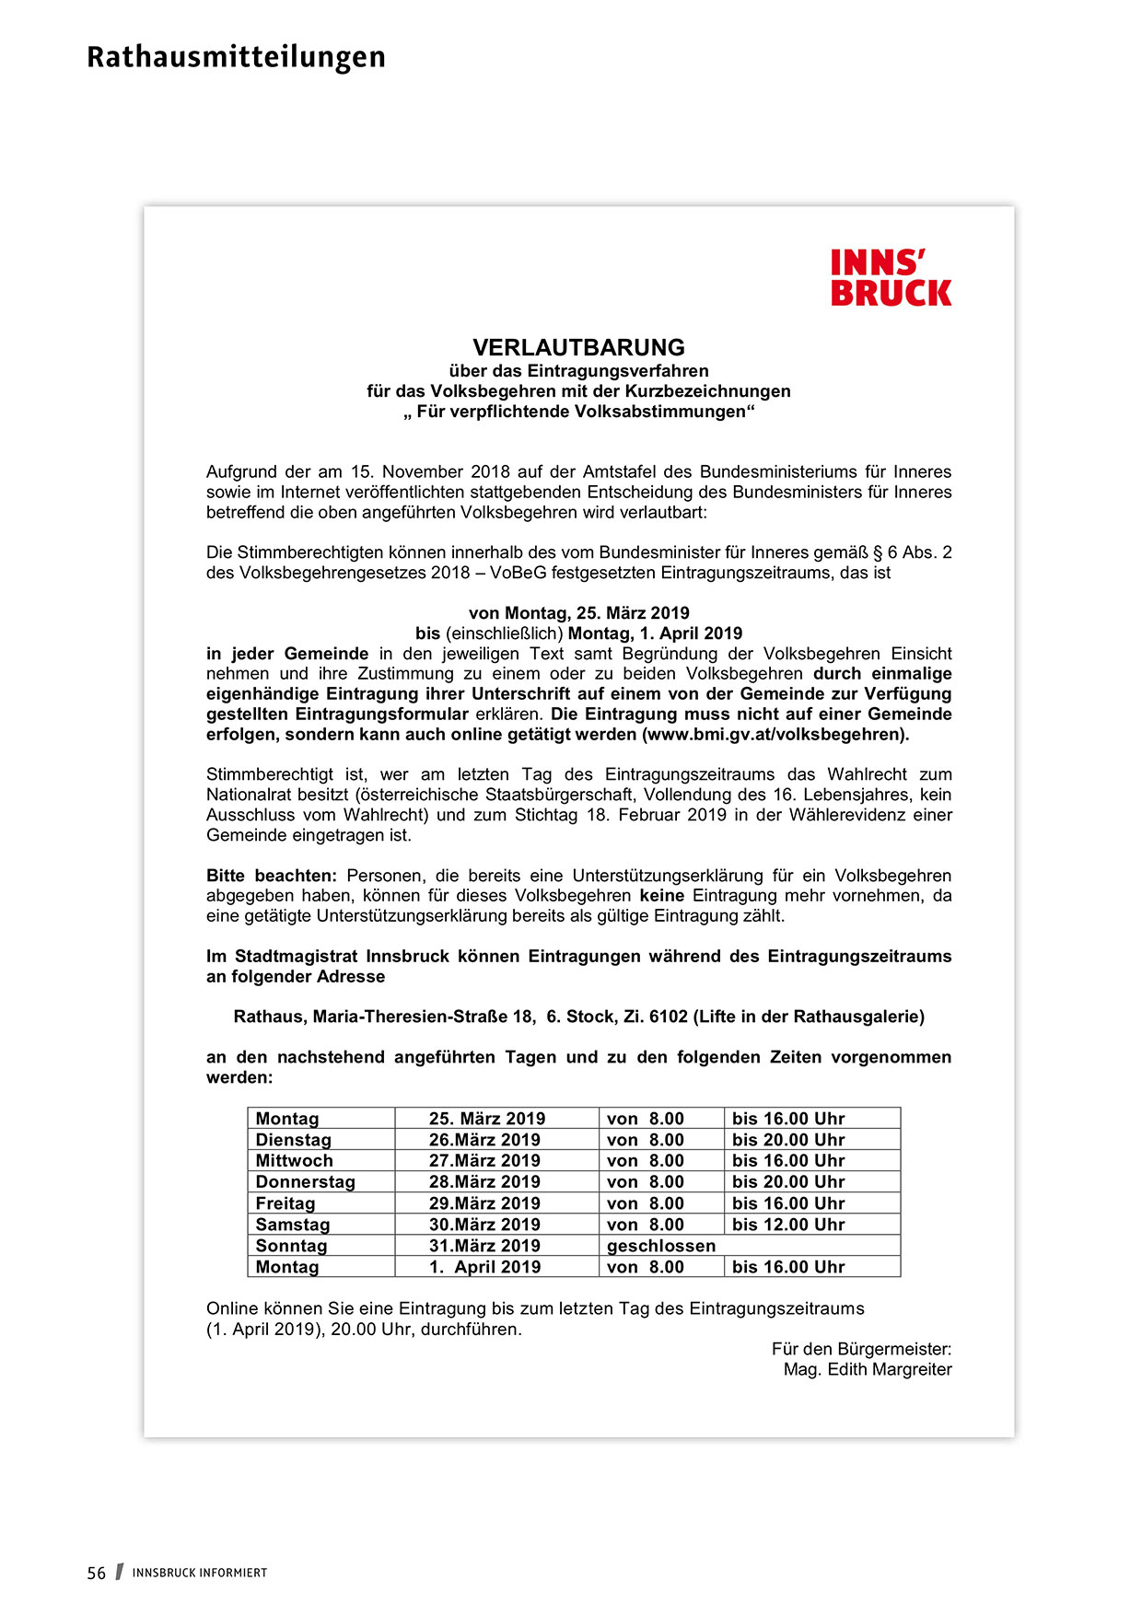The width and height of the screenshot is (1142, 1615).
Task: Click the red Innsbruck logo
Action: click(890, 278)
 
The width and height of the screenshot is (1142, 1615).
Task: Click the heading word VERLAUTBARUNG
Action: click(578, 348)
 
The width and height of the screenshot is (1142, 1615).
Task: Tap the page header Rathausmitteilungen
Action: click(236, 57)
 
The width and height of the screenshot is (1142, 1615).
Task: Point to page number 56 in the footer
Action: click(97, 1574)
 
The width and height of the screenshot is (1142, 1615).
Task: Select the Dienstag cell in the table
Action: click(293, 1140)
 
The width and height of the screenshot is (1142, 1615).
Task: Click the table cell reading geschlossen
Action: click(660, 1246)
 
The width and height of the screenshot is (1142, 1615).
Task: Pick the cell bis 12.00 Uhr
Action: click(788, 1225)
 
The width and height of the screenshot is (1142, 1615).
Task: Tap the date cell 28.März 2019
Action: click(484, 1182)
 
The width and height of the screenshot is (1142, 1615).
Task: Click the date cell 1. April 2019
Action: click(484, 1267)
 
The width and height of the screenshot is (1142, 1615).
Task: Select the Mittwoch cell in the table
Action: click(294, 1161)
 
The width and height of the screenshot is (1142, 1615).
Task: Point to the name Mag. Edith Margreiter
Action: click(868, 1370)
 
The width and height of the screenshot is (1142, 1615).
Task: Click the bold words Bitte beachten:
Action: click(272, 876)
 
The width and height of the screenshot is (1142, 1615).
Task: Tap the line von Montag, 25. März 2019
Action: click(578, 613)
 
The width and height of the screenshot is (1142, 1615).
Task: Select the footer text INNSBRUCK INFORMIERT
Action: click(200, 1574)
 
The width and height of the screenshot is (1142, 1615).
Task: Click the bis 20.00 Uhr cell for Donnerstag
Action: click(788, 1182)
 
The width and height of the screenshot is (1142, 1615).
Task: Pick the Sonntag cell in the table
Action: click(291, 1246)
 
